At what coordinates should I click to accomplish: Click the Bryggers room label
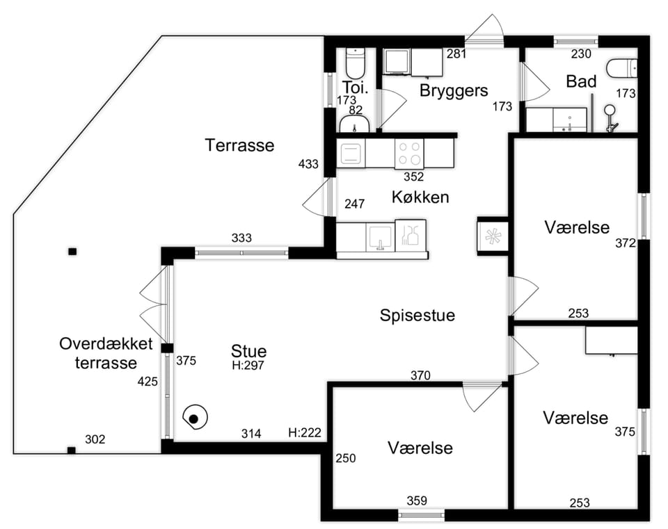pos(453,90)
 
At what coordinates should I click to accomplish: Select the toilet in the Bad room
pos(622,69)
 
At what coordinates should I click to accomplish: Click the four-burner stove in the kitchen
pos(409,153)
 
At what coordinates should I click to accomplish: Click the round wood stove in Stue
pos(195,418)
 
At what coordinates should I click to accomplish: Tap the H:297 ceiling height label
pos(248,365)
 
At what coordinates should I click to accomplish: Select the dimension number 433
pos(308,164)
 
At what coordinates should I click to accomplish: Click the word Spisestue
pos(417,316)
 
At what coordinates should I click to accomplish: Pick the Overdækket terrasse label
pos(106,353)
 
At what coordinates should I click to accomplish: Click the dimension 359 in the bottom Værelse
pos(416,500)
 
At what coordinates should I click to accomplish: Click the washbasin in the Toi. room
pos(354,124)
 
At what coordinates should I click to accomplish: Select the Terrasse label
pos(239,145)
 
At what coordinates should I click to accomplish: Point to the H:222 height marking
pos(305,433)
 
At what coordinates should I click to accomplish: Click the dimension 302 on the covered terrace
pos(95,439)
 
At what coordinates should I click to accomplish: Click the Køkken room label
pos(420,197)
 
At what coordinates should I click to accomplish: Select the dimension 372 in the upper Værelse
pos(626,243)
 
